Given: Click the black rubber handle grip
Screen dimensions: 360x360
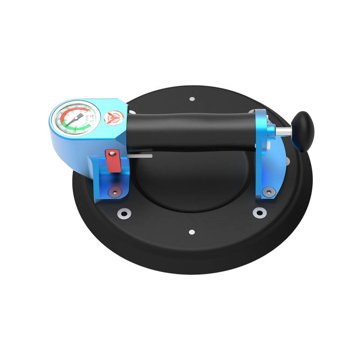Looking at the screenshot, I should tap(189, 130).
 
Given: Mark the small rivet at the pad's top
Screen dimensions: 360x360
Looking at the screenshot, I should tap(192, 99).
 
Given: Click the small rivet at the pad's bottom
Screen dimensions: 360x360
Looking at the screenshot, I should tap(192, 232).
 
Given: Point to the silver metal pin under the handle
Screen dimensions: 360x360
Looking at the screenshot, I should tap(142, 156).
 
